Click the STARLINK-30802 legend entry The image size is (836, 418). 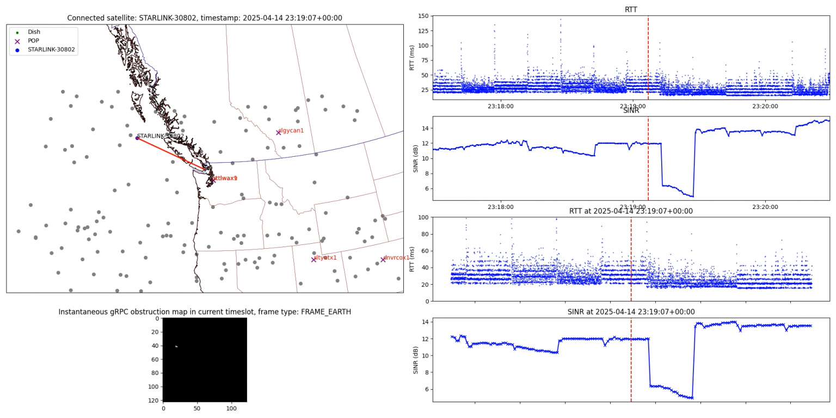click(51, 50)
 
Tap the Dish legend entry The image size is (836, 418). click(34, 32)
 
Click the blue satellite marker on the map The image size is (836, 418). click(137, 138)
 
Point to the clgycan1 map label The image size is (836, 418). click(291, 131)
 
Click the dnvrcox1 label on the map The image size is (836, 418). click(396, 258)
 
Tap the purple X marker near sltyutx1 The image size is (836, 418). click(313, 260)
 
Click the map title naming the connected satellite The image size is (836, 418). click(205, 18)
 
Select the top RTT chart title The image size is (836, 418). click(631, 9)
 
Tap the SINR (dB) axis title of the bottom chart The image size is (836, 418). click(415, 360)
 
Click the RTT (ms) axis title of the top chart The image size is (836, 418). click(413, 57)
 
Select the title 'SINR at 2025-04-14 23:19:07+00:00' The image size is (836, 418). click(631, 312)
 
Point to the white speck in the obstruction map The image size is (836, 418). click(176, 346)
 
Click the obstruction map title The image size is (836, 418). click(205, 312)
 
